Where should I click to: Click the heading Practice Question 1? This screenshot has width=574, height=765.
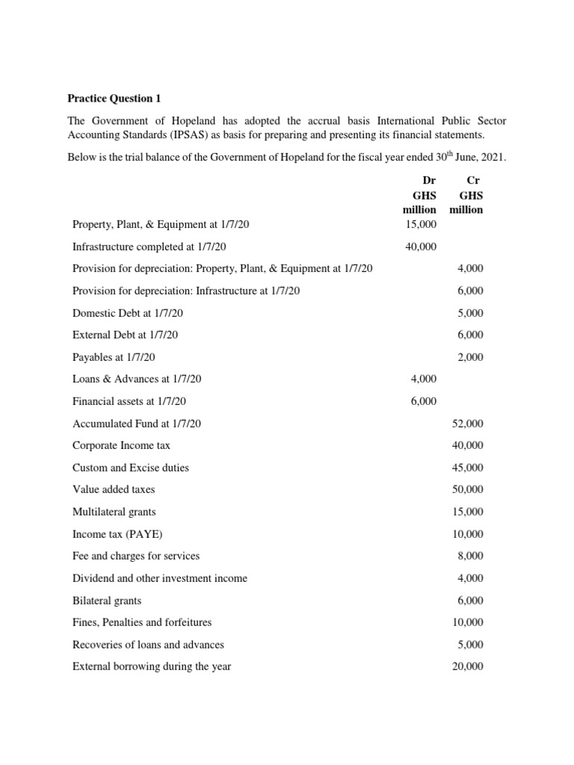click(x=114, y=98)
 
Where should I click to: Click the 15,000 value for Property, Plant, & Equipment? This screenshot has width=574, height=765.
click(x=420, y=224)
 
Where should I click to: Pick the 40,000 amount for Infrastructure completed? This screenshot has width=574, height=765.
click(x=420, y=247)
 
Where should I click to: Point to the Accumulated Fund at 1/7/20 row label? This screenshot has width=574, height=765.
click(x=137, y=424)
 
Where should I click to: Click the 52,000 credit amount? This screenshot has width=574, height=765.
click(x=468, y=424)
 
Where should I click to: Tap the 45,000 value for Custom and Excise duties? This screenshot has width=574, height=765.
click(x=468, y=468)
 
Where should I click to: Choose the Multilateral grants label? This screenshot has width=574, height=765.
click(x=114, y=512)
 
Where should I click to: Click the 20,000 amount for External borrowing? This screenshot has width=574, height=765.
click(x=468, y=666)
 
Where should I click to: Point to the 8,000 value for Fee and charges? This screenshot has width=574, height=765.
click(x=470, y=556)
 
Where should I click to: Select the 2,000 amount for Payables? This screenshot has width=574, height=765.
click(x=470, y=357)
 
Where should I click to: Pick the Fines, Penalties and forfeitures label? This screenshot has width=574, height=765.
click(x=142, y=622)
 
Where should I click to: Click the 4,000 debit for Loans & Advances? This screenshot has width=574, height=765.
click(x=424, y=380)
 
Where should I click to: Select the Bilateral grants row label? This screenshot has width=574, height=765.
click(x=107, y=600)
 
